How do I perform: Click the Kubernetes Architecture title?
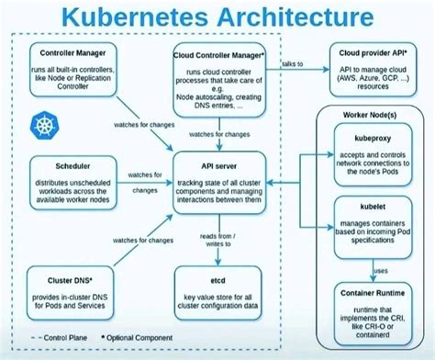217,17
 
